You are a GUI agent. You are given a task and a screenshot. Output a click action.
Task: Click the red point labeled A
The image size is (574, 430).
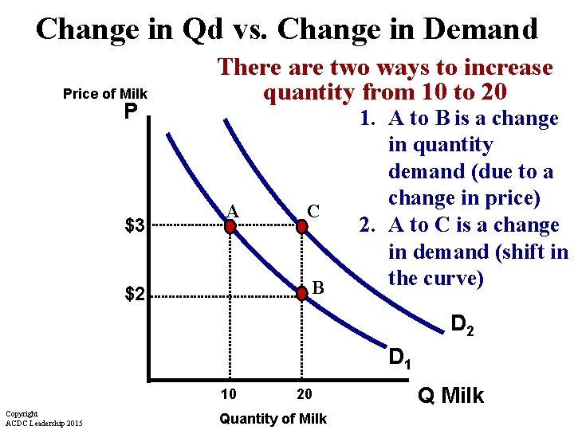[230, 226]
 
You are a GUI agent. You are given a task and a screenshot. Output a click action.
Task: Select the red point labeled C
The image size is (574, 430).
[302, 226]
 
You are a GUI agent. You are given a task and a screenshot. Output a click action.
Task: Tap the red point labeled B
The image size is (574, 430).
[302, 294]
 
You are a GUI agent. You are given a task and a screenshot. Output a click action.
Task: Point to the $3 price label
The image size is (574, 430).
[134, 226]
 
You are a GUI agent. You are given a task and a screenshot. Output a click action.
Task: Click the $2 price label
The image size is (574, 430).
[134, 295]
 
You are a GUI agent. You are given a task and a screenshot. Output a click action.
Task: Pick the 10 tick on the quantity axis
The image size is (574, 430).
[229, 394]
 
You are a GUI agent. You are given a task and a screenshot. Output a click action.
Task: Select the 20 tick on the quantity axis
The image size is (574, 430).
[304, 394]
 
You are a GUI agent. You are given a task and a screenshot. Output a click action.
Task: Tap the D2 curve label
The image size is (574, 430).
[462, 325]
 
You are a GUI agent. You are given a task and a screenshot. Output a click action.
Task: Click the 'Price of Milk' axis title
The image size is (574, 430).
[105, 94]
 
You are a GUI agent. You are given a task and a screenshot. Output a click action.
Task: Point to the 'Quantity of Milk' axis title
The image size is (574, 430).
[273, 418]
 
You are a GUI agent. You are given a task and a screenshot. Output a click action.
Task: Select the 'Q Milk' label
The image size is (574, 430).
[451, 396]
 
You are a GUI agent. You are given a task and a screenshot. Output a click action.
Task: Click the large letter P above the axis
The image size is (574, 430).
[132, 112]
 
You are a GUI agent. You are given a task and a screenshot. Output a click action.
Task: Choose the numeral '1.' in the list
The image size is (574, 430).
[368, 119]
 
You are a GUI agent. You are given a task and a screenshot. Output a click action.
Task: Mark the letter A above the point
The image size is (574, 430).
[232, 210]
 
